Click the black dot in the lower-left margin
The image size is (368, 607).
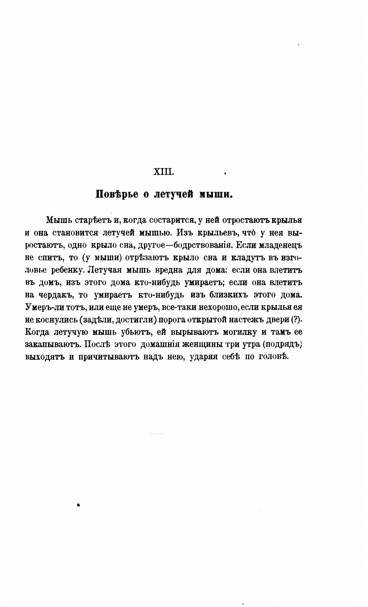pyautogui.click(x=78, y=505)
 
